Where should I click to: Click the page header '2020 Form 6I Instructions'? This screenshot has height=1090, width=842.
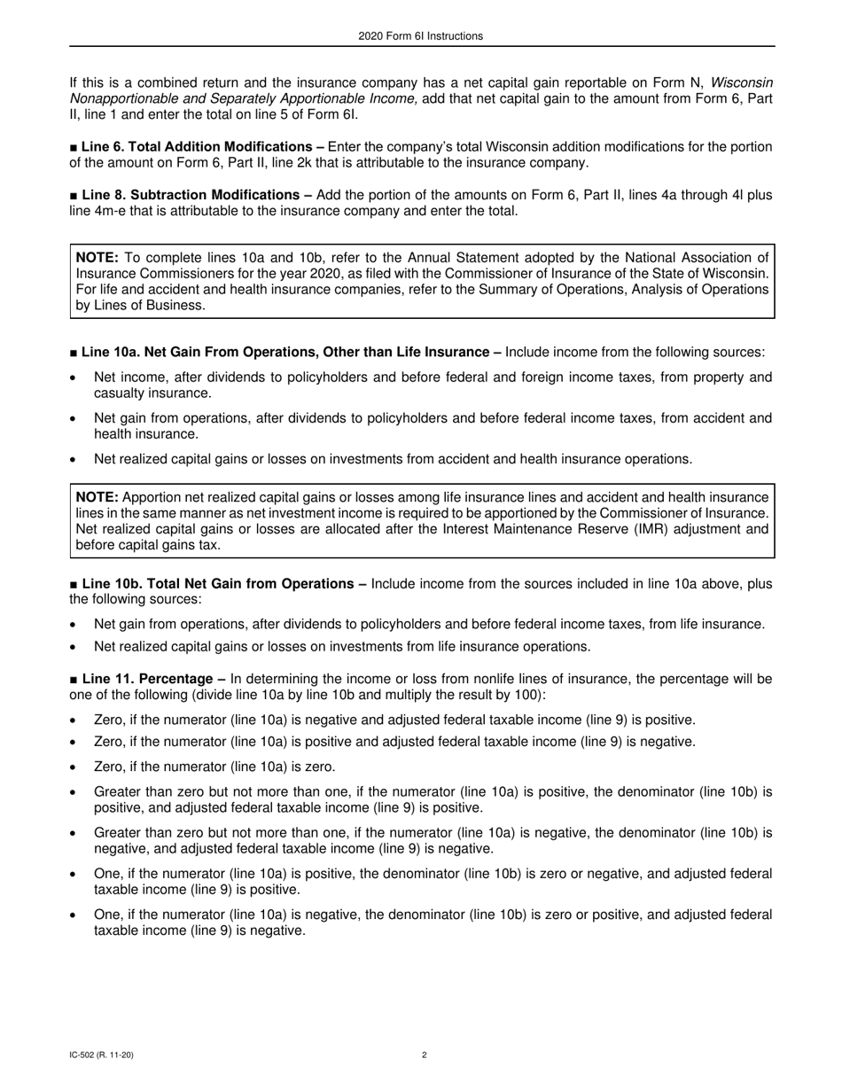tap(421, 36)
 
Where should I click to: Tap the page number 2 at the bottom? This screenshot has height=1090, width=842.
tap(425, 1055)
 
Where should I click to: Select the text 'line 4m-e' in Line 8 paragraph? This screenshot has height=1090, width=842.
tap(97, 211)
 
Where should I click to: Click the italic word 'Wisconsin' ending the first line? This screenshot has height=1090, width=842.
tap(741, 83)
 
